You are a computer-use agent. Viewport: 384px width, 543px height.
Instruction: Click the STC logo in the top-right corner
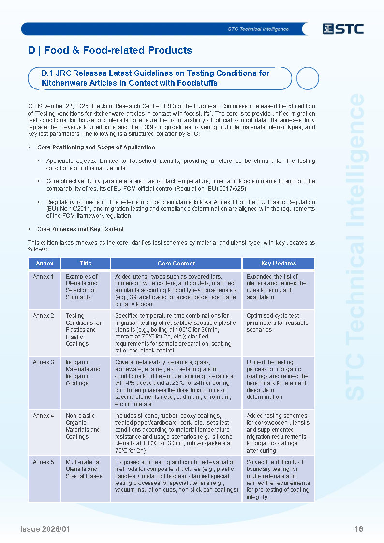(343, 29)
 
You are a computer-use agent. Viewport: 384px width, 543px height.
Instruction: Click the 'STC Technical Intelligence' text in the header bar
(258, 29)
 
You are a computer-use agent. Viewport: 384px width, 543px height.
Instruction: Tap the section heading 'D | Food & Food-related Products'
(110, 50)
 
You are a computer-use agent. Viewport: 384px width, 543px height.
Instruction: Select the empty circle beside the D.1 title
(307, 78)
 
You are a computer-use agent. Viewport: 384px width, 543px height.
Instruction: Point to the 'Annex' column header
(44, 264)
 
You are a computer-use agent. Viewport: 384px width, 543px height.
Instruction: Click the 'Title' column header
(86, 264)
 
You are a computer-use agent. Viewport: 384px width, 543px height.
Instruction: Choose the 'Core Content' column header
(176, 264)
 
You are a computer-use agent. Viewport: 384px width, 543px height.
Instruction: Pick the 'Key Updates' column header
(278, 264)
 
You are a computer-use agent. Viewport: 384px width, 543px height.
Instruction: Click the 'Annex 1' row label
(43, 277)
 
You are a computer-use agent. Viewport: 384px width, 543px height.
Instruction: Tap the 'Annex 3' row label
(43, 362)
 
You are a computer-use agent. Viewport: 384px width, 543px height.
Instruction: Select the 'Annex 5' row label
(43, 462)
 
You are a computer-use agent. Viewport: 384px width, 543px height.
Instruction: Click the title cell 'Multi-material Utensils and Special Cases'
(84, 469)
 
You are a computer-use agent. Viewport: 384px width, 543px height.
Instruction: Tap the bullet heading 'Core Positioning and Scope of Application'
(96, 147)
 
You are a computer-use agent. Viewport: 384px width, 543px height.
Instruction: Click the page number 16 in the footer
(358, 529)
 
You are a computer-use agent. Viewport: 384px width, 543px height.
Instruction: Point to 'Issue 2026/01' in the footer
(45, 529)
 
